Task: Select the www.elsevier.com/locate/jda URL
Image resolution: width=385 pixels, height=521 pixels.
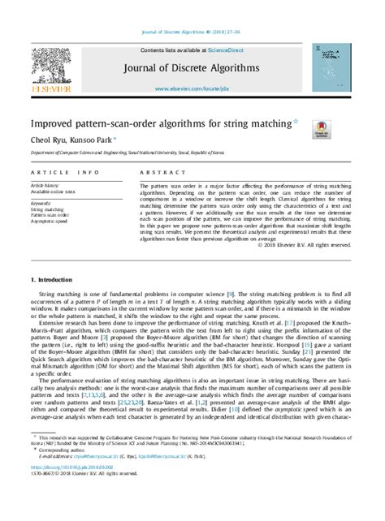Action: tap(192, 87)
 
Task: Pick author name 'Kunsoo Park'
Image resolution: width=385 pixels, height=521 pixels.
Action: tap(91, 140)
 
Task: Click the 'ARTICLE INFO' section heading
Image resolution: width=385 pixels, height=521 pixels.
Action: tap(60, 173)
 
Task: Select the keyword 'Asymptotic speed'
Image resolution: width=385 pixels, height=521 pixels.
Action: tap(50, 221)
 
